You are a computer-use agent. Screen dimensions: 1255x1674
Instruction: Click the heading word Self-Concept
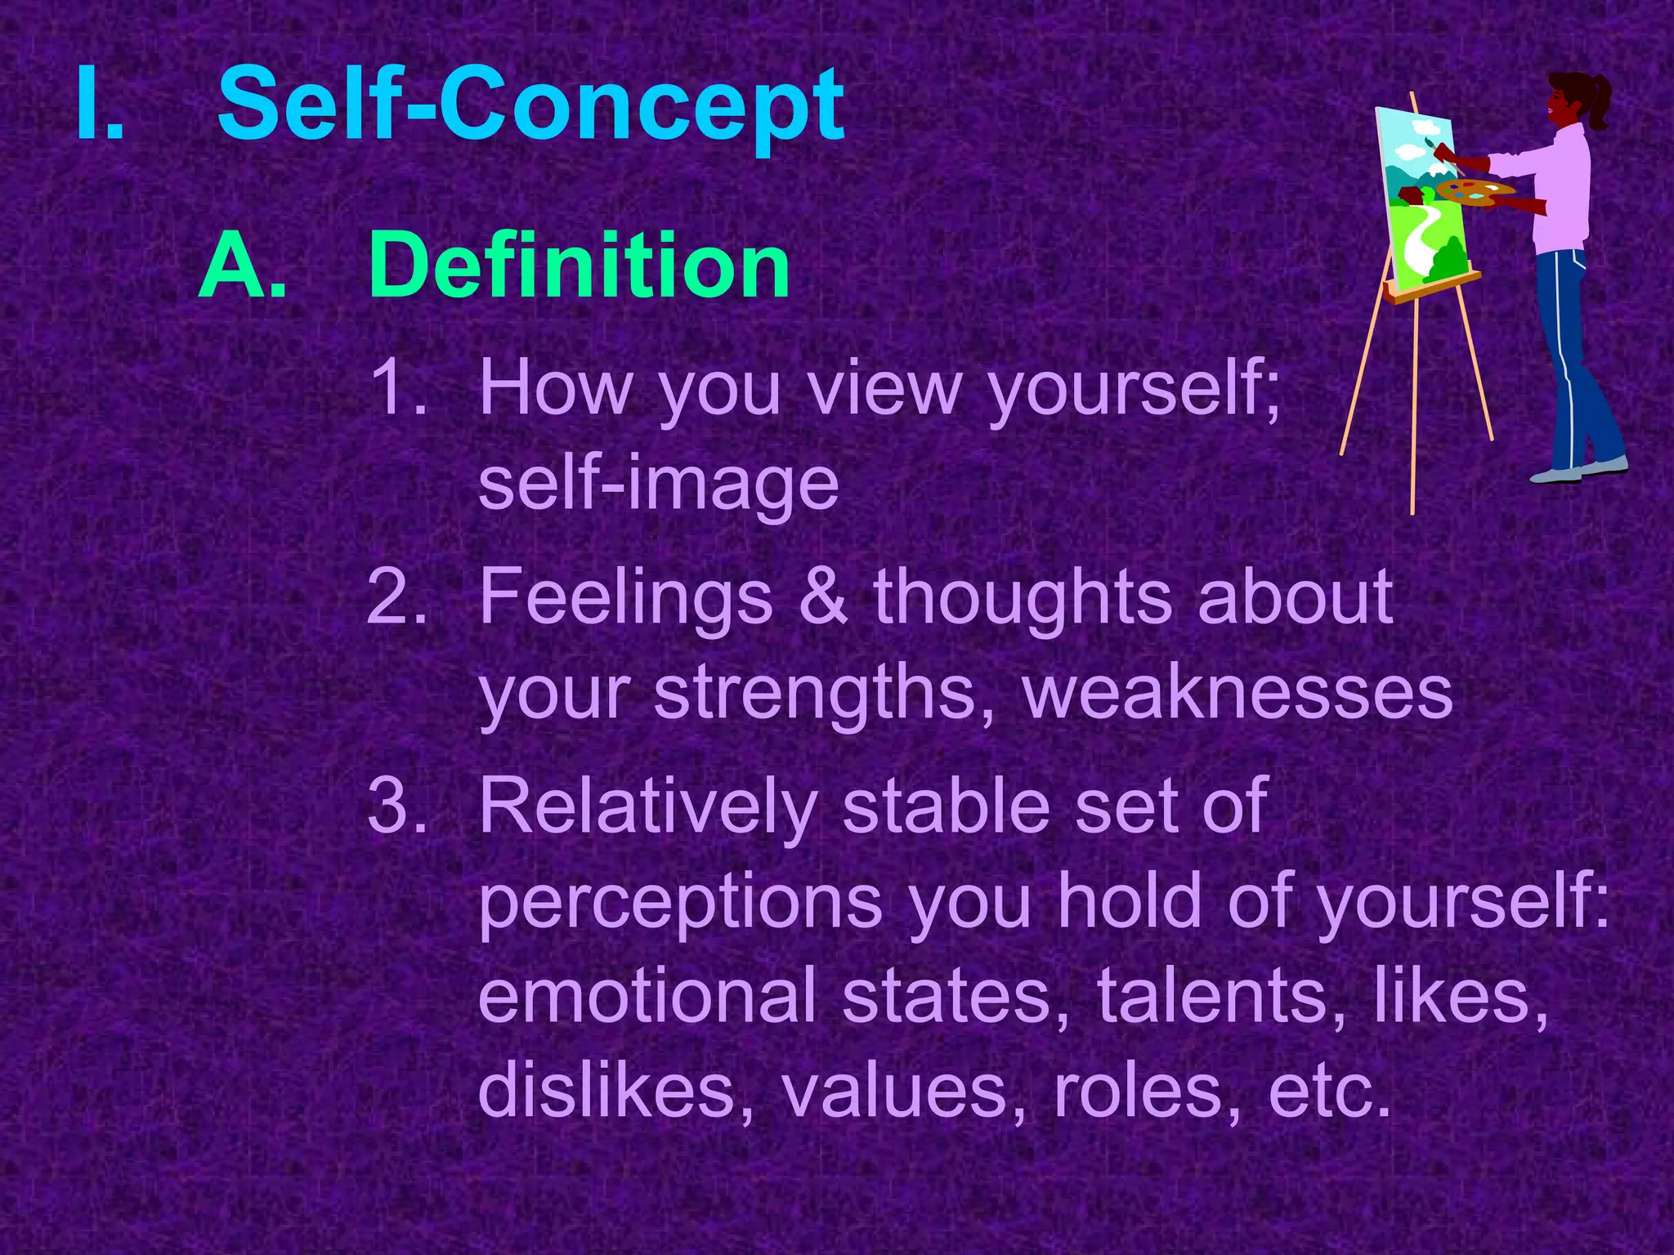[x=531, y=106]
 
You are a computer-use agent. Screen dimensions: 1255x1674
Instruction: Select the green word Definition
[x=579, y=266]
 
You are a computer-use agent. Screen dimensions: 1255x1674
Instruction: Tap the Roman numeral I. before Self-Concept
[x=100, y=106]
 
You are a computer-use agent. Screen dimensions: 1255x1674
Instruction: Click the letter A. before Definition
[x=243, y=266]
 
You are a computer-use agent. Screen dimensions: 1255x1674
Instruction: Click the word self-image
[x=659, y=484]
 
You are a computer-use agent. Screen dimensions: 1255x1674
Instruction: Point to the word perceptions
[x=680, y=903]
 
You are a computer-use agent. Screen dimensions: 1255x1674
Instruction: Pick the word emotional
[x=647, y=996]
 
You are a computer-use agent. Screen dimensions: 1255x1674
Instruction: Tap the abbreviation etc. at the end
[x=1329, y=1091]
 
